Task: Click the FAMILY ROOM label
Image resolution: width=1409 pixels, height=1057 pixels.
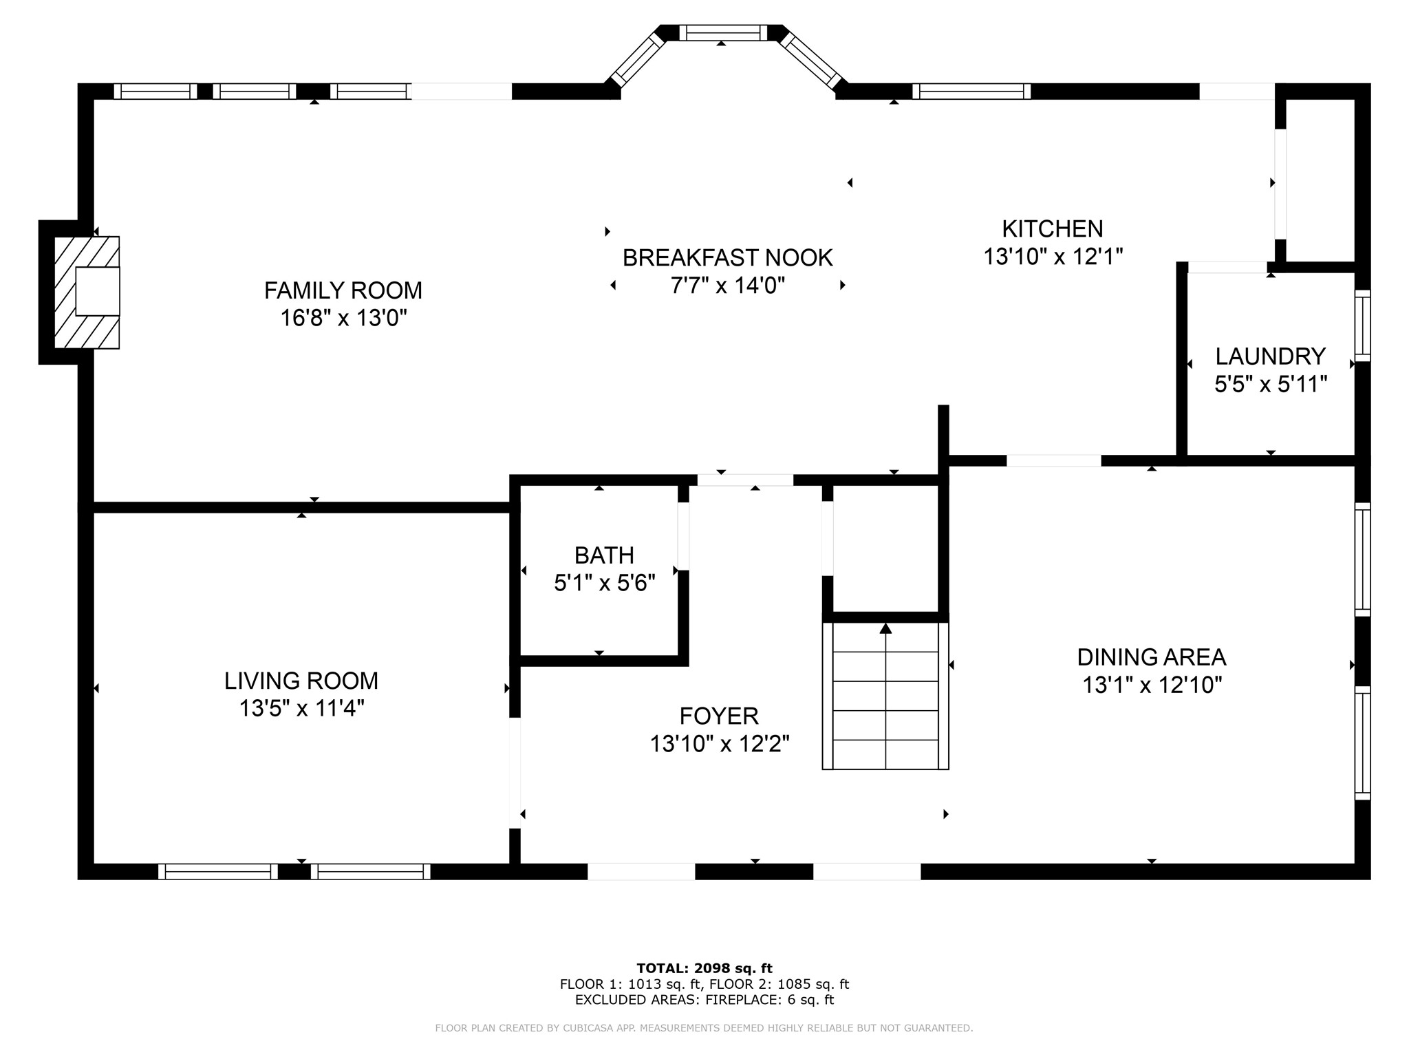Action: point(343,290)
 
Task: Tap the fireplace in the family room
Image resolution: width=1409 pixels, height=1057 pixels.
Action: point(87,292)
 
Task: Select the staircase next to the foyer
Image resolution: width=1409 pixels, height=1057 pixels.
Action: point(885,696)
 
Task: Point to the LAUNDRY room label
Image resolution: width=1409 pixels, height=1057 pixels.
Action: point(1270,356)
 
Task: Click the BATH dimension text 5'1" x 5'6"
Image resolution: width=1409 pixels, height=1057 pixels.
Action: point(605,584)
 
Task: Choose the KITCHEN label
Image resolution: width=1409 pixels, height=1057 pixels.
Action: point(1053,228)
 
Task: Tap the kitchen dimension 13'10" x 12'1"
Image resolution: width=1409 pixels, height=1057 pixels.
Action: point(1053,257)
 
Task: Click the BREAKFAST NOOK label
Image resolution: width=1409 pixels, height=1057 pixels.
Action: point(728,258)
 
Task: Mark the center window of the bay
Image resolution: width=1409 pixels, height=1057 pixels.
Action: point(723,32)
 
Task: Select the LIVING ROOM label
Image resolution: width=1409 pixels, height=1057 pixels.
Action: point(301,681)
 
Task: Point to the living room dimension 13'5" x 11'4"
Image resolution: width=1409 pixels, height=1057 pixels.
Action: point(301,708)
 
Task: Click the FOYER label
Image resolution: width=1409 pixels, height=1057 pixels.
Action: point(719,716)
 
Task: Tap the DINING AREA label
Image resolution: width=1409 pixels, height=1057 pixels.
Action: point(1152,657)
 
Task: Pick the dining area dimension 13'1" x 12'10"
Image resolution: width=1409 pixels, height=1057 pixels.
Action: point(1152,685)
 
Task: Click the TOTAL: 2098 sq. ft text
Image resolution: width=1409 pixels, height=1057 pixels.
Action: point(704,968)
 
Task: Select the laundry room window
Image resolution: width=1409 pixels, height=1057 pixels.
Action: point(1362,325)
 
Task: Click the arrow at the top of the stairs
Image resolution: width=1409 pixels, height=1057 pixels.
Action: point(885,628)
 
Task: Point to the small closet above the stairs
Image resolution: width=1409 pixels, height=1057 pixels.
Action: point(886,548)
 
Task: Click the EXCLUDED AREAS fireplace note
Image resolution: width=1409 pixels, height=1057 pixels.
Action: point(704,1000)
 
